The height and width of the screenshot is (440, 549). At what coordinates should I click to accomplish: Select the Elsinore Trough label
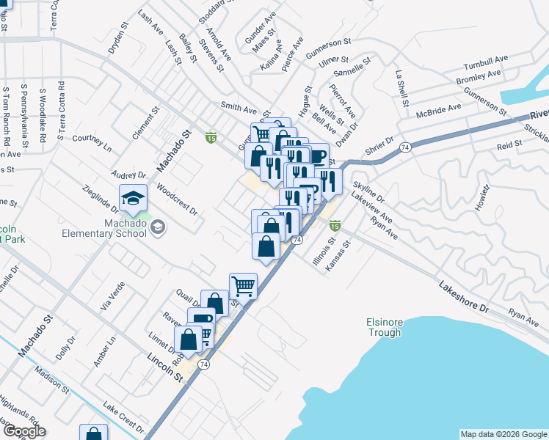coord(385,327)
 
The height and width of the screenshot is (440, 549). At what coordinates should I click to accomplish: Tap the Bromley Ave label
coord(478,77)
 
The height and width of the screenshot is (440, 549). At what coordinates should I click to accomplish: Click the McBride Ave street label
coord(439,111)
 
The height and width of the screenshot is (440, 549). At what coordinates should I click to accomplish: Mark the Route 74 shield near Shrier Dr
coord(404,147)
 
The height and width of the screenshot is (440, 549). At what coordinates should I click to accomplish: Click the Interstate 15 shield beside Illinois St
coord(335,225)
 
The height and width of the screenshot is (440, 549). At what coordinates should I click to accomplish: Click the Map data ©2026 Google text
coord(503,434)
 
